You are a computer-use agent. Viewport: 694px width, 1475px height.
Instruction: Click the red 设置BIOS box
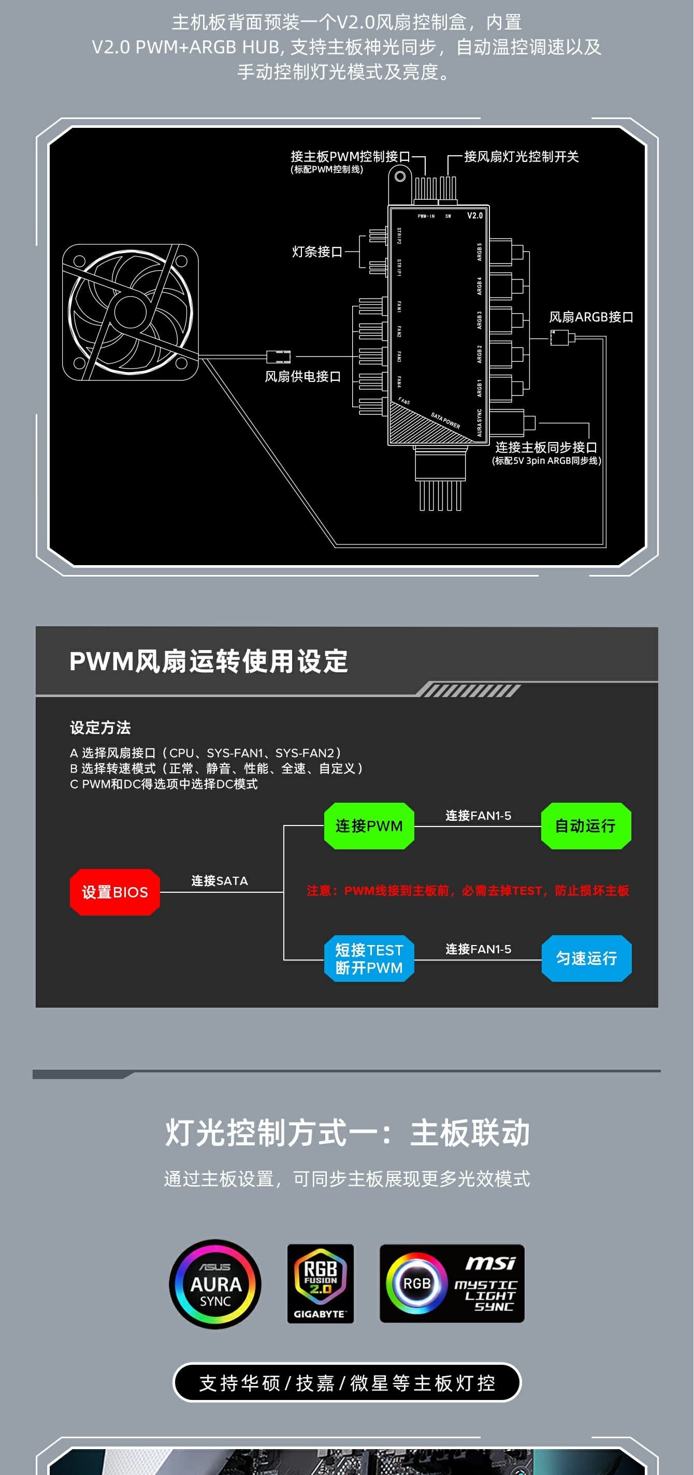[114, 892]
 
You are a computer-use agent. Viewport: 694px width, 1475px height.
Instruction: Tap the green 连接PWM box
[368, 825]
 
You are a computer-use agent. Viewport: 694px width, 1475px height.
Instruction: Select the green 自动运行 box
[585, 825]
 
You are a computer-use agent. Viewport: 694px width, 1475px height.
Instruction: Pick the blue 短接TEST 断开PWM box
[368, 958]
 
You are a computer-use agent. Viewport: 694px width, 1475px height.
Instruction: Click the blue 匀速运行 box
[586, 958]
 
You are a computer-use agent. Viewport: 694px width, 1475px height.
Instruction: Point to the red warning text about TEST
[468, 890]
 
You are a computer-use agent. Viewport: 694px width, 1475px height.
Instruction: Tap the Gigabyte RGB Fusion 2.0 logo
[321, 1283]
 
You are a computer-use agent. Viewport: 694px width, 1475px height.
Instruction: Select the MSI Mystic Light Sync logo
[452, 1283]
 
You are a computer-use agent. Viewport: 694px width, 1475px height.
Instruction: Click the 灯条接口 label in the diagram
[317, 252]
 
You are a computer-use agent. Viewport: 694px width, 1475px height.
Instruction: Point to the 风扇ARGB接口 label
[591, 317]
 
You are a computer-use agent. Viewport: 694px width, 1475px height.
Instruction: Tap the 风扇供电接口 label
[302, 376]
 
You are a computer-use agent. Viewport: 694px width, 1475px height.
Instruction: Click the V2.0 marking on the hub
[474, 216]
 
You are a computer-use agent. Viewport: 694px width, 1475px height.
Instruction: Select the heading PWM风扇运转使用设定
[209, 661]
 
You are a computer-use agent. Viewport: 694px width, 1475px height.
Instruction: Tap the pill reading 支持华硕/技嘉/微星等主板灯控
[346, 1382]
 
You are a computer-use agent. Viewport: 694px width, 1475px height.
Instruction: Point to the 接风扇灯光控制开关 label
[521, 156]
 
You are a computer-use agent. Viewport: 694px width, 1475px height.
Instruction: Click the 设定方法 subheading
[100, 727]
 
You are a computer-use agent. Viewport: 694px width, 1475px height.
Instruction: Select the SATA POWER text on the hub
[445, 420]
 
